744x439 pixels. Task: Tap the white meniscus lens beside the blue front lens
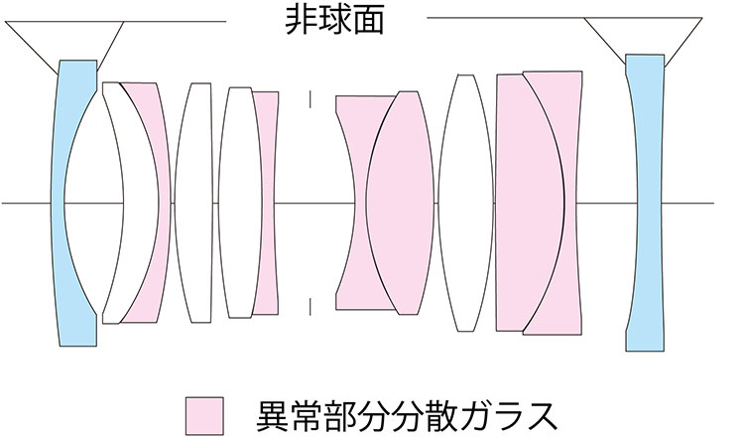117,203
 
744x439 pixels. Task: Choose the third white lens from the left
238,203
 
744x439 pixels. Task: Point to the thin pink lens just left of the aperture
266,203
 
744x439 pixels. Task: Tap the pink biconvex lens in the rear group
397,203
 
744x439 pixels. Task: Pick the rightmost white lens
466,203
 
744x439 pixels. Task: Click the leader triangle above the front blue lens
63,42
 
